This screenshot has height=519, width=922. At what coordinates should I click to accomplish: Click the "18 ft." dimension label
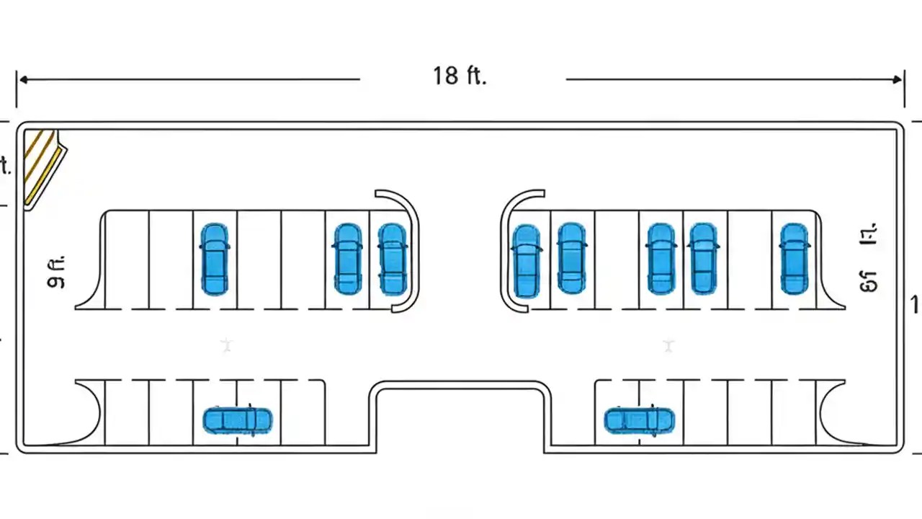coord(460,76)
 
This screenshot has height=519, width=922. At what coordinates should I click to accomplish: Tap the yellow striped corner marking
coord(40,166)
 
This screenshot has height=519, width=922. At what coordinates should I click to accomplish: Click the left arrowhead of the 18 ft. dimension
coord(22,79)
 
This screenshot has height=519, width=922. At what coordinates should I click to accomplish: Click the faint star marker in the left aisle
coord(227,345)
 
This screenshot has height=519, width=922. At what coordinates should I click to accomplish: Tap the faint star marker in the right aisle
coord(668,346)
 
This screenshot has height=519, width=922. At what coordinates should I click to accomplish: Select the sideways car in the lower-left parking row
coord(238,420)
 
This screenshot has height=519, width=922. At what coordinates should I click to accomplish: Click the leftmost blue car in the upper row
coord(215,259)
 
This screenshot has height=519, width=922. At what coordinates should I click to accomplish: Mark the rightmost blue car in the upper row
coord(794,258)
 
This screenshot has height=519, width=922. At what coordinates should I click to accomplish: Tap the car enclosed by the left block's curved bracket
coord(393,259)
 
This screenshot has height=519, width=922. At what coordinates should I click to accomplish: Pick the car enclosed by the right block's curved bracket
coord(526,260)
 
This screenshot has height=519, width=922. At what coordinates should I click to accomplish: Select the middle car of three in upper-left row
coord(348,259)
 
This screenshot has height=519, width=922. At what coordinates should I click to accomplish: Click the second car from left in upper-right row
coord(571,258)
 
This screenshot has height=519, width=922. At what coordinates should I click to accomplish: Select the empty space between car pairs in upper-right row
coord(617,259)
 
